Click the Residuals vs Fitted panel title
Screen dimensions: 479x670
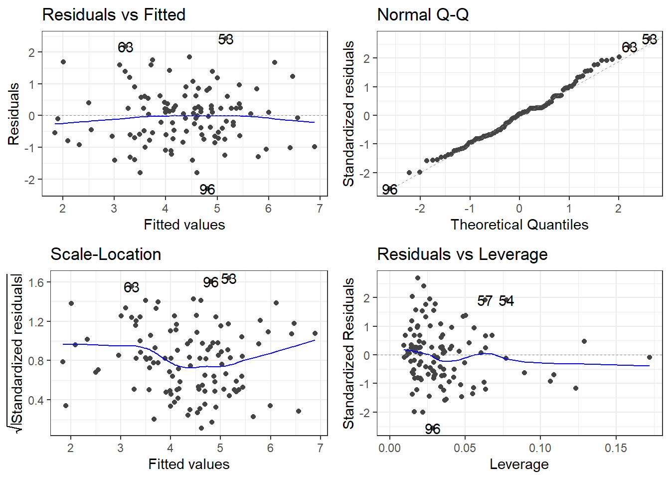[x=114, y=15]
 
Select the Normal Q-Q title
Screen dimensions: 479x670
[x=423, y=15]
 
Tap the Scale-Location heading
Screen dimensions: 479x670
[x=106, y=254]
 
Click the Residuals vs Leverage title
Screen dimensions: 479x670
[x=462, y=254]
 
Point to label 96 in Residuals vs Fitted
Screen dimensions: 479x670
[x=207, y=190]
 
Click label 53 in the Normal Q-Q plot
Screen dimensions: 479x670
[x=650, y=39]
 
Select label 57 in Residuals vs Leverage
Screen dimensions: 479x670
[x=485, y=301]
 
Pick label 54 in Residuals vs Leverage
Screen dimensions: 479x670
[x=506, y=301]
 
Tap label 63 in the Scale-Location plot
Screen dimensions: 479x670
[x=132, y=287]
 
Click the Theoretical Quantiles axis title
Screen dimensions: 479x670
[x=519, y=225]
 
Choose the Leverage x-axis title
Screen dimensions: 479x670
[x=519, y=465]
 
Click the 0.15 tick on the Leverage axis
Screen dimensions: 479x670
[x=616, y=448]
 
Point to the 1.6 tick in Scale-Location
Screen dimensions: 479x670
[x=36, y=282]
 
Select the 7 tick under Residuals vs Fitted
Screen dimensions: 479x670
[x=320, y=209]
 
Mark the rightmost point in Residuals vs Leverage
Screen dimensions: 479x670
[x=650, y=357]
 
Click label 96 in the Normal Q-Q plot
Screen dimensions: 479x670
[x=390, y=190]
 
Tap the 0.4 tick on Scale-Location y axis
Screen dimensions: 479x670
[x=36, y=400]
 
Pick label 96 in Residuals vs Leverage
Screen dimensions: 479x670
[x=433, y=429]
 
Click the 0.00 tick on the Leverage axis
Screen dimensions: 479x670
[x=389, y=448]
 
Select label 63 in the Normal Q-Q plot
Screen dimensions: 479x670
[x=630, y=47]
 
